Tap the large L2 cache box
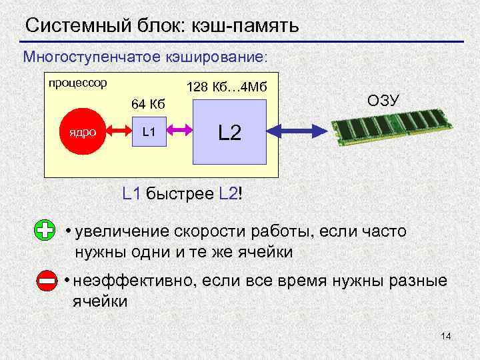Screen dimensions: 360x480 (x=229, y=133)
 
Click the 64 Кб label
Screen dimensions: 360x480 (x=148, y=104)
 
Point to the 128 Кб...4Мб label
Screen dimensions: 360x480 (x=227, y=87)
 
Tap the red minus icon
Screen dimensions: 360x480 (x=47, y=281)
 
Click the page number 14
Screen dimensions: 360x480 (x=446, y=337)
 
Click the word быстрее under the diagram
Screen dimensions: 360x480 (x=179, y=195)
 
